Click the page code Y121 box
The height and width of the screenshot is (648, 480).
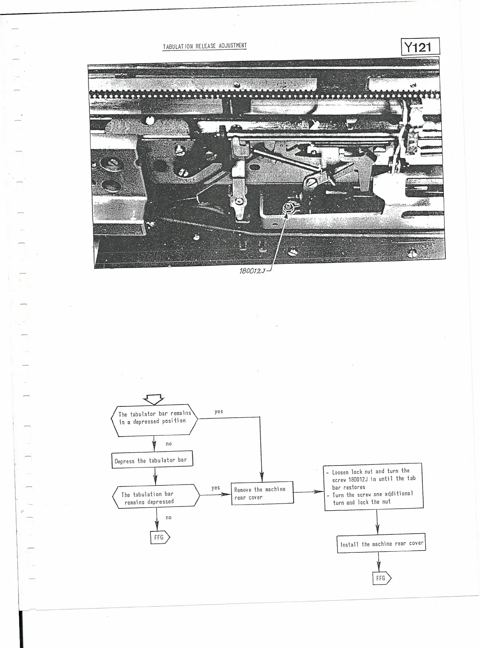tap(420, 47)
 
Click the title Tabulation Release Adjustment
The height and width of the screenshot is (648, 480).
tap(205, 46)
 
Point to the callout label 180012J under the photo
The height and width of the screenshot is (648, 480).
tap(252, 271)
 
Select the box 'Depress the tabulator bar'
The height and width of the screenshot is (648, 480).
tap(152, 460)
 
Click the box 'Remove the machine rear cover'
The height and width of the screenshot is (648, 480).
tap(262, 493)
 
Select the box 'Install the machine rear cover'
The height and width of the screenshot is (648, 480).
tap(381, 544)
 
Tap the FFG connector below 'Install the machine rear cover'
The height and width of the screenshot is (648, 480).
tap(381, 578)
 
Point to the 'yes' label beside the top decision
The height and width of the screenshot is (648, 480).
tap(219, 412)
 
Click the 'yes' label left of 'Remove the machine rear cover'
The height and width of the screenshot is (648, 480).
tap(216, 488)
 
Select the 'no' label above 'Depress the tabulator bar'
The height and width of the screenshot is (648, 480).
tap(169, 444)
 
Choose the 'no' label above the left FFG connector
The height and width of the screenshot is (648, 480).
tap(169, 518)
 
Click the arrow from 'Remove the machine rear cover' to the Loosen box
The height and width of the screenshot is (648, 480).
tap(308, 492)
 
